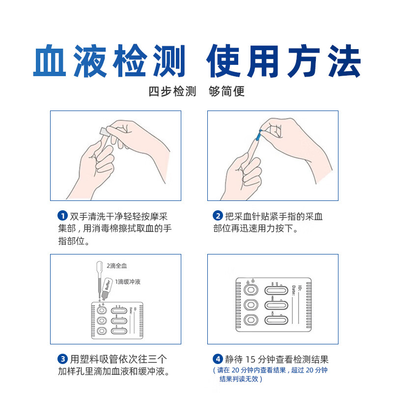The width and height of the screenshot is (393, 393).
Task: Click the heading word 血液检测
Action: pyautogui.click(x=110, y=62)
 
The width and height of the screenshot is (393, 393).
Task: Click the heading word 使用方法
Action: pyautogui.click(x=283, y=62)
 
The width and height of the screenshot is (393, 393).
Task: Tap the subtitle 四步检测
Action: pyautogui.click(x=172, y=92)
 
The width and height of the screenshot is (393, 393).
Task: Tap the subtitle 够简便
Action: pyautogui.click(x=226, y=92)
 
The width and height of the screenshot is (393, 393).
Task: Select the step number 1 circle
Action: pyautogui.click(x=62, y=216)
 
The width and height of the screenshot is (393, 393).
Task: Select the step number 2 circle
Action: pyautogui.click(x=218, y=216)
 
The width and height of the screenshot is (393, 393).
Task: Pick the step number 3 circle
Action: pyautogui.click(x=62, y=359)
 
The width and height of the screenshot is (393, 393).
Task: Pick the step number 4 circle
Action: pyautogui.click(x=218, y=359)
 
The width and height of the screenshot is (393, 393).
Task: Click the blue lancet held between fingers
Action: pyautogui.click(x=257, y=132)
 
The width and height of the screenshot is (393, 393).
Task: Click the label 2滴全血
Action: pyautogui.click(x=117, y=266)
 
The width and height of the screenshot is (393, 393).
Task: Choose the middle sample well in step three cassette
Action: pyautogui.click(x=101, y=321)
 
